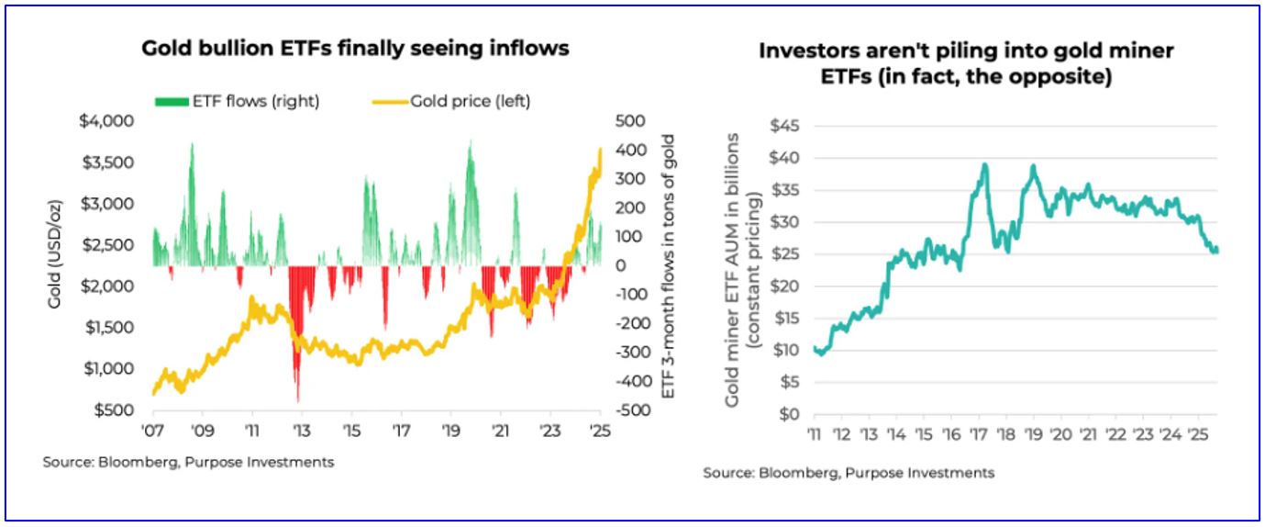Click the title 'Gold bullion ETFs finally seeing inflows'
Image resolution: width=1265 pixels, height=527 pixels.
click(x=355, y=49)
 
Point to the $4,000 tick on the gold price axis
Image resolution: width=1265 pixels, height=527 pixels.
click(x=109, y=121)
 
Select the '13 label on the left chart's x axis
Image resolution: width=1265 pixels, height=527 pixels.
click(x=301, y=430)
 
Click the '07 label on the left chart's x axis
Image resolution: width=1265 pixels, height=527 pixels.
click(x=151, y=430)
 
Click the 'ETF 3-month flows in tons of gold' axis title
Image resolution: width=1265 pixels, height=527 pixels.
click(x=668, y=266)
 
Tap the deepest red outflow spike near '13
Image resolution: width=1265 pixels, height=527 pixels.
click(x=297, y=400)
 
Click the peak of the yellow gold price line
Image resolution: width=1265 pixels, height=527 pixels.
click(x=600, y=150)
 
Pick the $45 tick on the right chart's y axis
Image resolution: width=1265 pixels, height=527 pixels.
click(x=787, y=126)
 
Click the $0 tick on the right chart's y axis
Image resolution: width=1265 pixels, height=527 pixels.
click(x=791, y=414)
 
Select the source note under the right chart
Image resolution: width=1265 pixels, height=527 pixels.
click(x=849, y=472)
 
